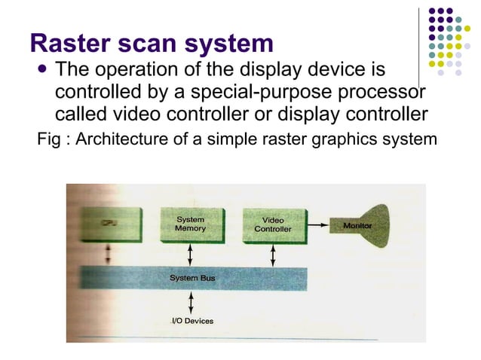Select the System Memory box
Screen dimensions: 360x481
point(190,224)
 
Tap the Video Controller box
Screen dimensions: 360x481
point(272,224)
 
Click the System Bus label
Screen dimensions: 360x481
point(192,279)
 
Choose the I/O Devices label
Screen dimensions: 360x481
point(192,321)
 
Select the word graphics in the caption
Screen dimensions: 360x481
point(352,139)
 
